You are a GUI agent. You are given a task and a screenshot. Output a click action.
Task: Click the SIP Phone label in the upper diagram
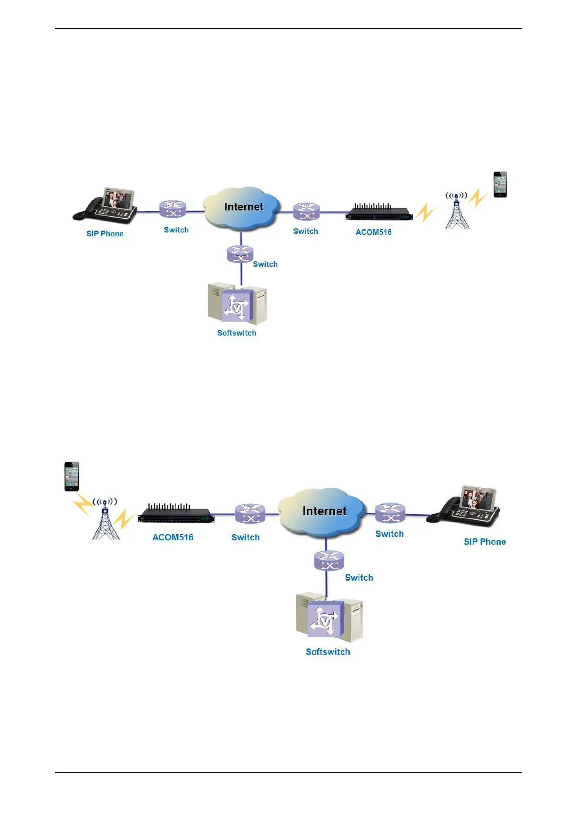click(x=105, y=234)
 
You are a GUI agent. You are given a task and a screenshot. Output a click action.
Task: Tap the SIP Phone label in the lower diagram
click(x=484, y=542)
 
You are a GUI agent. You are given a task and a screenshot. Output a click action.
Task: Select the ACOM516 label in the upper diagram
click(x=373, y=232)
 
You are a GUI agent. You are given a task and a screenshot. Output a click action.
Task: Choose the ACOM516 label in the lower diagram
click(x=173, y=537)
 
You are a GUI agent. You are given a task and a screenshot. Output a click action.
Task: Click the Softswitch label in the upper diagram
click(x=236, y=333)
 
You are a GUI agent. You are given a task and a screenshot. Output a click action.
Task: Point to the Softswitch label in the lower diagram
click(x=327, y=652)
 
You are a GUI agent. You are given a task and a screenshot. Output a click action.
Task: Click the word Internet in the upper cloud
click(x=243, y=207)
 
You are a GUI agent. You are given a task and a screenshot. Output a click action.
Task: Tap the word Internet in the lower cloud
click(x=324, y=511)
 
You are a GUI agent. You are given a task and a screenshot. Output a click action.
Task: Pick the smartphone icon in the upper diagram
click(x=500, y=185)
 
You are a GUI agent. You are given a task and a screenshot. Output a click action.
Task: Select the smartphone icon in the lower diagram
click(x=72, y=477)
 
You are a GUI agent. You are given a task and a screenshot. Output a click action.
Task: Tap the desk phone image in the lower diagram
click(x=465, y=506)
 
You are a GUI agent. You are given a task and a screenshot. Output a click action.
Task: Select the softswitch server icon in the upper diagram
click(x=237, y=304)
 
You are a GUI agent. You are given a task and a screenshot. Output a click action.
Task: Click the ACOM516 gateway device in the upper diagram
click(x=379, y=213)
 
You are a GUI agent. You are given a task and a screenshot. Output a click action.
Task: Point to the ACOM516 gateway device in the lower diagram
click(x=176, y=514)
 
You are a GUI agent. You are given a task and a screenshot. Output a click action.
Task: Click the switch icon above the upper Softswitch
click(x=240, y=254)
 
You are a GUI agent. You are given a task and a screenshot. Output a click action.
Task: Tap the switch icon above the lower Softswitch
click(x=329, y=560)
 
